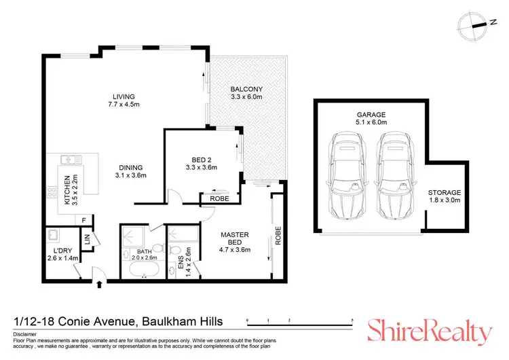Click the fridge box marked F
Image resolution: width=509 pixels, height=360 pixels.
click(83, 221)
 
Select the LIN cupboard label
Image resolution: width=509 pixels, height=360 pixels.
click(87, 240)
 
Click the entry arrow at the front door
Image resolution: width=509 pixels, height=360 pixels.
click(100, 284)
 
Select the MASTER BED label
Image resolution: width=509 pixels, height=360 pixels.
click(235, 238)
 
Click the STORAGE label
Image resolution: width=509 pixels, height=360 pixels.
click(444, 192)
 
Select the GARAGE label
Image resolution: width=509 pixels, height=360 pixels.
click(371, 114)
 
